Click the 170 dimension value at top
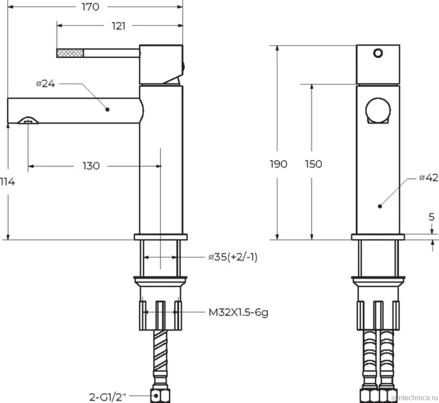coord(91,7)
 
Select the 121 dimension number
coord(119,26)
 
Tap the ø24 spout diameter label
coord(46,83)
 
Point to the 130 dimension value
coord(91,166)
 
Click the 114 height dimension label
coord(8,182)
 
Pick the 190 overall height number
coord(278,164)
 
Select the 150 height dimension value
coord(314,164)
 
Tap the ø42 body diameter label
coord(429,178)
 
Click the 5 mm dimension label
coord(431,216)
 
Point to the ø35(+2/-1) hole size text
coord(233,257)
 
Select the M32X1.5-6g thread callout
coord(239,312)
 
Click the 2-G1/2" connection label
coord(108,397)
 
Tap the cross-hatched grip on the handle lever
coord(70,53)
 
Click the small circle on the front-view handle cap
coord(378,53)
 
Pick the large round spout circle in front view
coord(378,110)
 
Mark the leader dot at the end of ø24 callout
coord(107,110)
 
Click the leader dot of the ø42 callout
coord(380,206)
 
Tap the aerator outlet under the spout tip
coord(28,121)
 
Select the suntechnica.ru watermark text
coord(415,398)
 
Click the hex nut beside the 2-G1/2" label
coord(161,395)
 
